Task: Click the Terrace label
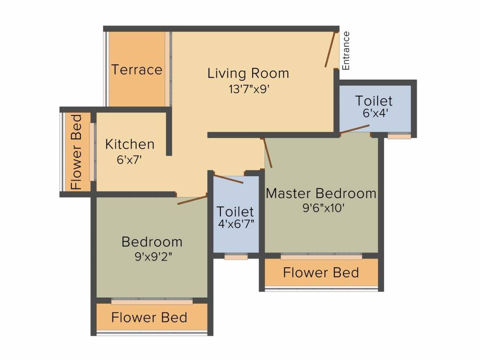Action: click(136, 69)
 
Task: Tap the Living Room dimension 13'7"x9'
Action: click(249, 89)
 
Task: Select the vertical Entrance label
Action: click(345, 51)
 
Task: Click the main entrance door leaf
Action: click(330, 49)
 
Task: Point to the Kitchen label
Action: click(130, 144)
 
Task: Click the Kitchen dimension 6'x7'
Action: click(129, 159)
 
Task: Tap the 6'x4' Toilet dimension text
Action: click(375, 113)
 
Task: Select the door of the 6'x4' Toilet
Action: click(354, 129)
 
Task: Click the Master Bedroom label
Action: click(321, 194)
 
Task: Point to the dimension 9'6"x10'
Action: click(323, 208)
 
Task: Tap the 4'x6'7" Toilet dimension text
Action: click(236, 224)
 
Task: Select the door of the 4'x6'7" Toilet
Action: click(229, 179)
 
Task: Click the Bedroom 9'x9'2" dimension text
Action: click(153, 256)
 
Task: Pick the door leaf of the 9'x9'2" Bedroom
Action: click(192, 200)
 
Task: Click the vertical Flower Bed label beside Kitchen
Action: click(76, 152)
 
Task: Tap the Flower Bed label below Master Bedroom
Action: click(321, 272)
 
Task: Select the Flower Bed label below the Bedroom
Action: click(149, 317)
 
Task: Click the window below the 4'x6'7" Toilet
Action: click(236, 257)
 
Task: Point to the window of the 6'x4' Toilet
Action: click(399, 136)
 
